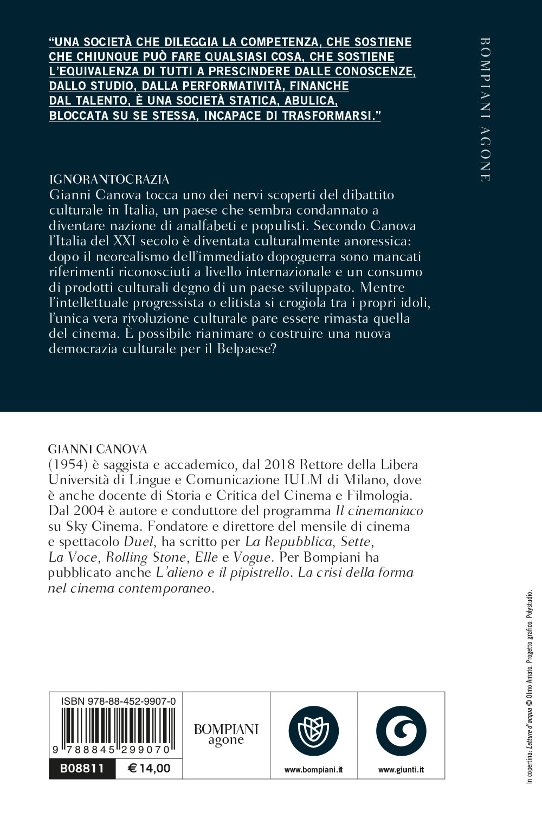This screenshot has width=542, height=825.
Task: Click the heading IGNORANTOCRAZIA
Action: click(x=109, y=180)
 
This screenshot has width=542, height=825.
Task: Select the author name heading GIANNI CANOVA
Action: click(x=98, y=449)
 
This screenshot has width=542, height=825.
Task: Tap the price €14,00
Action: click(x=149, y=768)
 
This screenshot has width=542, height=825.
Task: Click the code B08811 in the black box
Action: click(x=82, y=768)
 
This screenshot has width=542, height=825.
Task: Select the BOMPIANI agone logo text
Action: click(x=226, y=735)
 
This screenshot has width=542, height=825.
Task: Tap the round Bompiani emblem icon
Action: click(x=313, y=731)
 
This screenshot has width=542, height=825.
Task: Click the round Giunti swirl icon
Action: click(x=401, y=731)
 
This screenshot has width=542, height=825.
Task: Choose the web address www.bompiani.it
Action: click(x=313, y=769)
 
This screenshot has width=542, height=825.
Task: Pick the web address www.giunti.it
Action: click(x=401, y=769)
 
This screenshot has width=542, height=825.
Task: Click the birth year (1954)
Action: click(x=65, y=465)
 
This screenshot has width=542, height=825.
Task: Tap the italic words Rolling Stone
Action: click(x=145, y=557)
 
